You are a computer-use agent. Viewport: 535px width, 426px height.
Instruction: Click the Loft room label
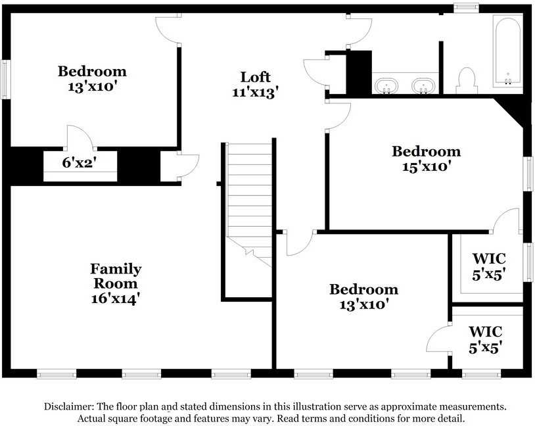(x=256, y=77)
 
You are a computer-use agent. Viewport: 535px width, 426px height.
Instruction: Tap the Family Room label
(x=116, y=276)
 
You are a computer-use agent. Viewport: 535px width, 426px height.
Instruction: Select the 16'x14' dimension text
(x=116, y=298)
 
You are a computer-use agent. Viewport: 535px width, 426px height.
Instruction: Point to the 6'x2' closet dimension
(x=80, y=163)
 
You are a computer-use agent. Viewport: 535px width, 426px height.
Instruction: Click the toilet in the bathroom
(x=466, y=81)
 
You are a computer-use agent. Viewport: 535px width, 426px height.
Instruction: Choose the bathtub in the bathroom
(x=507, y=51)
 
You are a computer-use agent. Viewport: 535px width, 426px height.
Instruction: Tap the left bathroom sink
(x=386, y=85)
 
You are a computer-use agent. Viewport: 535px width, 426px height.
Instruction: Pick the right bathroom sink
(x=423, y=85)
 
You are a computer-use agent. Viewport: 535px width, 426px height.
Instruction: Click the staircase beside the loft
(x=249, y=205)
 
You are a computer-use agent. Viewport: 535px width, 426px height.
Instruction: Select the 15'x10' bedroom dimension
(x=427, y=167)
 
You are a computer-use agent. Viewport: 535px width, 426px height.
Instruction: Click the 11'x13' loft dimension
(x=256, y=93)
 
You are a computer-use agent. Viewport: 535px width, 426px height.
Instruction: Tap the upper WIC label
(x=489, y=259)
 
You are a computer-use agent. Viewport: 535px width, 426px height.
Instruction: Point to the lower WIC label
(x=485, y=332)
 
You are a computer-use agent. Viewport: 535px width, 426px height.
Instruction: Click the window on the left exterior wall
(x=5, y=80)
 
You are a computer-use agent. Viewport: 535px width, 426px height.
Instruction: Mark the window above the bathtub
(x=466, y=7)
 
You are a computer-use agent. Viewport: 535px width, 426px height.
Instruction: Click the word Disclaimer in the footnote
(x=69, y=406)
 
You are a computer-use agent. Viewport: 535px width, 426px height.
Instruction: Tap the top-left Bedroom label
(x=92, y=72)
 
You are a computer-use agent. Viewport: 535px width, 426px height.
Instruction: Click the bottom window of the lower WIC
(x=481, y=375)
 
